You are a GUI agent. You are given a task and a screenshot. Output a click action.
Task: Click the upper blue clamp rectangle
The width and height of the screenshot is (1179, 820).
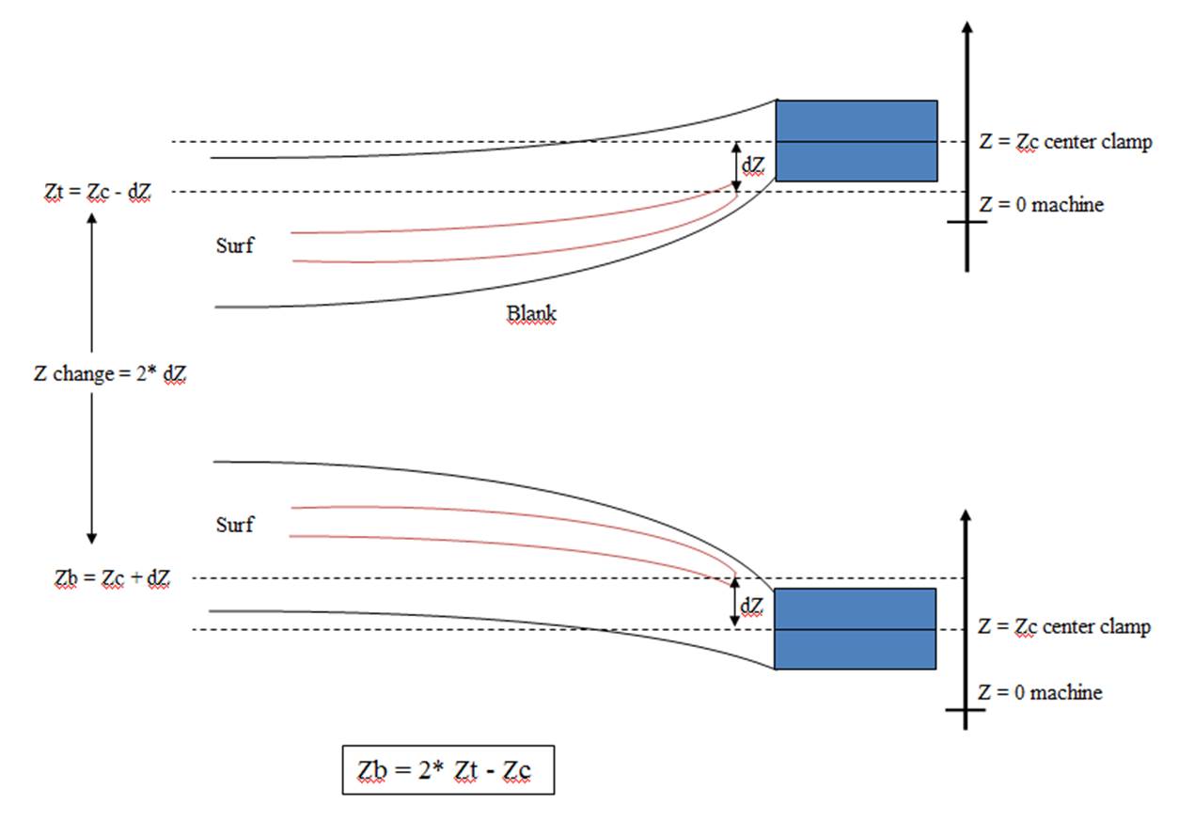pos(856,140)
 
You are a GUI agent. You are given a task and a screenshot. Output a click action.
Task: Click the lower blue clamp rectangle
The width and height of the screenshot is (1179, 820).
pos(855,628)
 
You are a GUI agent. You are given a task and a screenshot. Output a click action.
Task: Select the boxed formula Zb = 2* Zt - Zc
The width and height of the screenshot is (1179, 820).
pos(448,770)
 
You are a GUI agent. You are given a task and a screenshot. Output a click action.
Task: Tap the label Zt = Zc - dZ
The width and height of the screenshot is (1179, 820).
pos(99,191)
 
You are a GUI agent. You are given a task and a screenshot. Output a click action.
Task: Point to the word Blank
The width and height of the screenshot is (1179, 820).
pos(531,313)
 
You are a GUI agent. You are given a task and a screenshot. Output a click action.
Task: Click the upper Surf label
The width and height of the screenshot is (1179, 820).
pos(235,246)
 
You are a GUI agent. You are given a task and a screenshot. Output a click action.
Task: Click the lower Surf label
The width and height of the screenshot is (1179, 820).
pos(235,524)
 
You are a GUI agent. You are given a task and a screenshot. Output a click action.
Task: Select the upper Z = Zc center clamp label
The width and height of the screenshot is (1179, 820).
pos(1065,142)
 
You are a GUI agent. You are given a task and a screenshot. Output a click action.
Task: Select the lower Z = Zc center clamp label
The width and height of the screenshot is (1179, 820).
pos(1064,626)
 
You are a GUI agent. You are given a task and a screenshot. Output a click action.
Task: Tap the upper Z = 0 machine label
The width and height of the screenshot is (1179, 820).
pos(1041,203)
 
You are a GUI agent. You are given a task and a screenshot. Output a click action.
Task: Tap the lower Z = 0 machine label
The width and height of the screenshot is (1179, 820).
pos(1040,692)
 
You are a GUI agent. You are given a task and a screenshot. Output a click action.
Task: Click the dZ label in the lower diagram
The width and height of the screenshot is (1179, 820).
pos(750,607)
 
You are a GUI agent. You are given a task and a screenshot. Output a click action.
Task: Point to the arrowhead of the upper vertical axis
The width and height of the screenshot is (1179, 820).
pos(967,25)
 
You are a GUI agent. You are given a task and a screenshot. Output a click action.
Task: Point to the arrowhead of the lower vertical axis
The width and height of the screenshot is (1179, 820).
pos(966,515)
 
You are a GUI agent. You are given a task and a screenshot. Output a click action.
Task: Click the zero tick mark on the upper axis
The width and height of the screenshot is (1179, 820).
pos(967,222)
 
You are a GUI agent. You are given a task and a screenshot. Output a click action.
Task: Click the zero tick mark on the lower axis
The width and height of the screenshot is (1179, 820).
pos(966,710)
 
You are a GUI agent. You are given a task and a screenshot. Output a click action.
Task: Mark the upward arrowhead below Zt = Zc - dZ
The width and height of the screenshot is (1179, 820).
pos(91,215)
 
